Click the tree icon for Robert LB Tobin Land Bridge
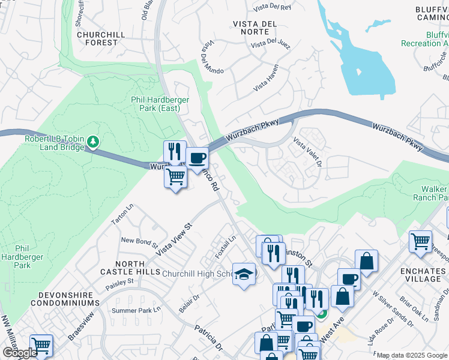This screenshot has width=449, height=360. tap(93, 142)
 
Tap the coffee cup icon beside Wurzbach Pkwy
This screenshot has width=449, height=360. tap(197, 159)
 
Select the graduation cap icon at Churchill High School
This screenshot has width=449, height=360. tap(244, 274)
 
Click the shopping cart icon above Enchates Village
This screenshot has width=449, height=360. tap(420, 241)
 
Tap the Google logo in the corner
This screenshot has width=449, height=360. tap(20, 353)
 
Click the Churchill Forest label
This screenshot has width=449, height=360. tap(101, 38)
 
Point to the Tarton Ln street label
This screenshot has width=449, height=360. tap(120, 215)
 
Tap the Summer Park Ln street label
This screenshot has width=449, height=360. tap(136, 311)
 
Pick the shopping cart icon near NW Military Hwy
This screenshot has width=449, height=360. tap(41, 345)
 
